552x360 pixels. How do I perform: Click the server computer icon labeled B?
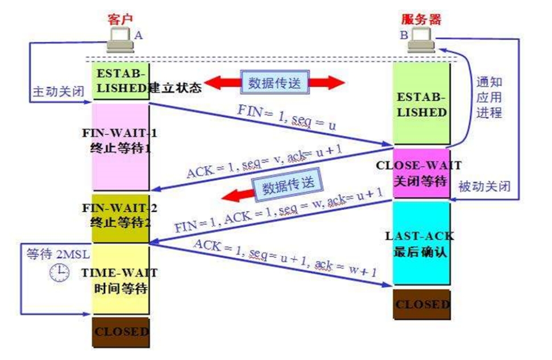[x=422, y=39]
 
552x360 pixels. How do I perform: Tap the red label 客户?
[x=120, y=18]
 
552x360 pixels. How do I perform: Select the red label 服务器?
[x=421, y=18]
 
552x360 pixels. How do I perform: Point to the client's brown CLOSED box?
[x=121, y=331]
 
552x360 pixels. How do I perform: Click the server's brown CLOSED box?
[x=422, y=305]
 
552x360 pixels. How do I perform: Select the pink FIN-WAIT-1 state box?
[x=121, y=147]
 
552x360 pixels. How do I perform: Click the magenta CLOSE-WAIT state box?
[x=421, y=173]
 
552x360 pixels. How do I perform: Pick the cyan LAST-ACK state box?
[x=421, y=243]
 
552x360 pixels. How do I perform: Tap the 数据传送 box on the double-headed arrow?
[x=275, y=82]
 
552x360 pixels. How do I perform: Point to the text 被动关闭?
[x=484, y=186]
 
